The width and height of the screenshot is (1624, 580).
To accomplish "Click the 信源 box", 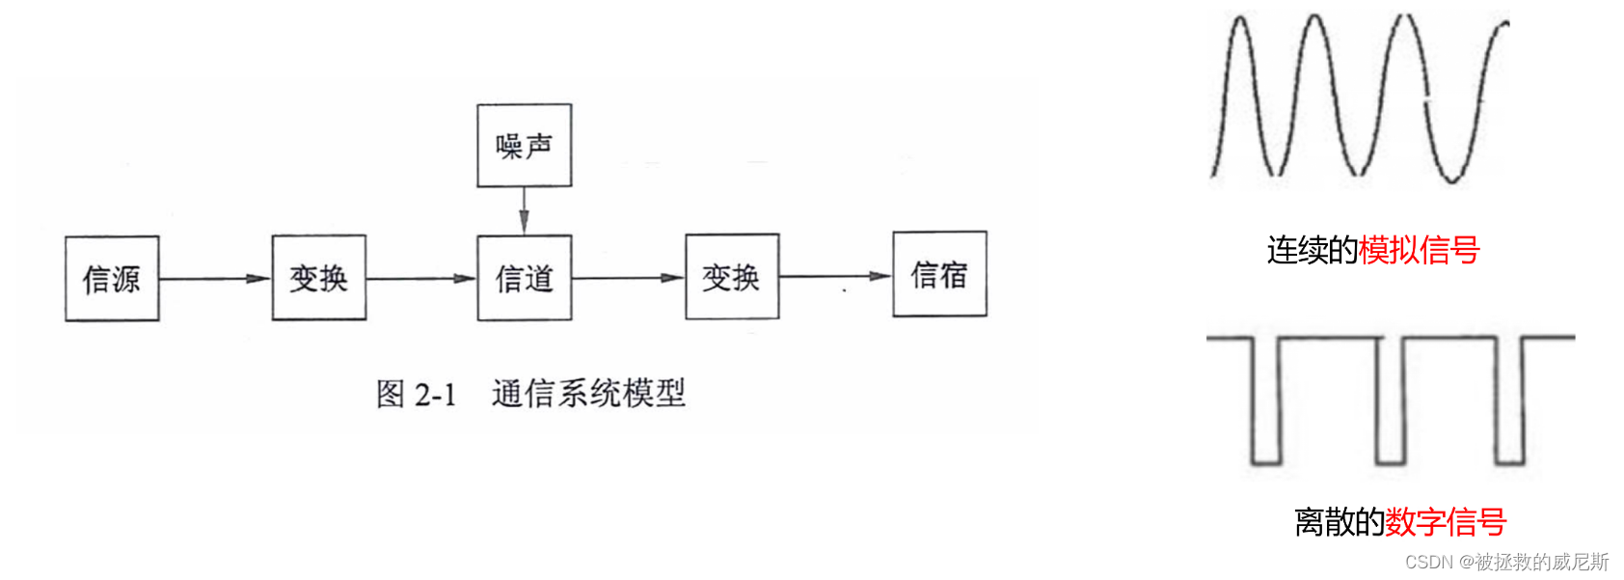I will tap(112, 279).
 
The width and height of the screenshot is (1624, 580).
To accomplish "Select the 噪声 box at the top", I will tap(524, 146).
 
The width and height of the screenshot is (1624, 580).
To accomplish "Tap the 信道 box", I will tap(524, 278).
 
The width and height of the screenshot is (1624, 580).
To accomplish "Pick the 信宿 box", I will tap(939, 274).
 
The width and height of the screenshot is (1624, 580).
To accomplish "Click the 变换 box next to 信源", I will tap(318, 278).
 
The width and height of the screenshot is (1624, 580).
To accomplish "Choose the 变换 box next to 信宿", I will tap(731, 277).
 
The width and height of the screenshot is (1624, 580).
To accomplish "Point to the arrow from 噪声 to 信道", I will tap(524, 210).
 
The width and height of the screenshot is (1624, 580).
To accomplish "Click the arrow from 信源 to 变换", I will tap(215, 279).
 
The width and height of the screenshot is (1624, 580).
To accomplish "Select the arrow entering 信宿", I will tap(835, 276).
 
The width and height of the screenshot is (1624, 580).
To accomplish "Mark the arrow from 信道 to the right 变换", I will tap(628, 278).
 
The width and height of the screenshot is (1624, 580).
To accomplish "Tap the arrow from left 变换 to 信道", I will tap(421, 279).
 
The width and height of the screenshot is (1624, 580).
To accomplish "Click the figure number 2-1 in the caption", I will tap(435, 394).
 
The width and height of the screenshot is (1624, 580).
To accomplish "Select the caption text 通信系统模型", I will tap(588, 393).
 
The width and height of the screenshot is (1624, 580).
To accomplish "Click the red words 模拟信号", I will tap(1419, 250).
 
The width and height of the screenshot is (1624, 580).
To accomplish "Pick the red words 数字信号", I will tap(1446, 522).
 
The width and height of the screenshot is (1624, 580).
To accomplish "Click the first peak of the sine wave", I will tap(1241, 21).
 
